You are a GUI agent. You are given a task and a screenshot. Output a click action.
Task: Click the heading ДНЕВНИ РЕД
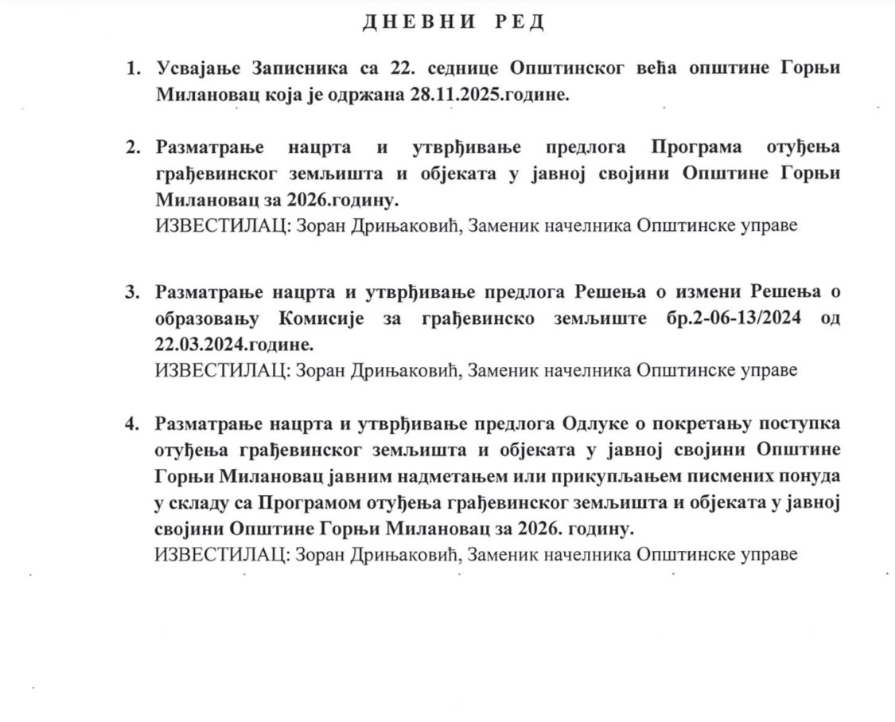click(x=453, y=22)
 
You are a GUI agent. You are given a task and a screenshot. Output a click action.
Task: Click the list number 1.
click(x=131, y=68)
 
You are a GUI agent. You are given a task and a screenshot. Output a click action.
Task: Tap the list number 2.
click(x=131, y=147)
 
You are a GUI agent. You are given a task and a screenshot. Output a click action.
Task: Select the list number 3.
click(x=131, y=292)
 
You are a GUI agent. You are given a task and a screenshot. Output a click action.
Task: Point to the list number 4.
click(x=131, y=423)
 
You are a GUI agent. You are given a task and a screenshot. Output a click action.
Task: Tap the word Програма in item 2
click(x=696, y=147)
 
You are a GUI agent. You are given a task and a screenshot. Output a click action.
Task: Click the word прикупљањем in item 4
click(x=619, y=475)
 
